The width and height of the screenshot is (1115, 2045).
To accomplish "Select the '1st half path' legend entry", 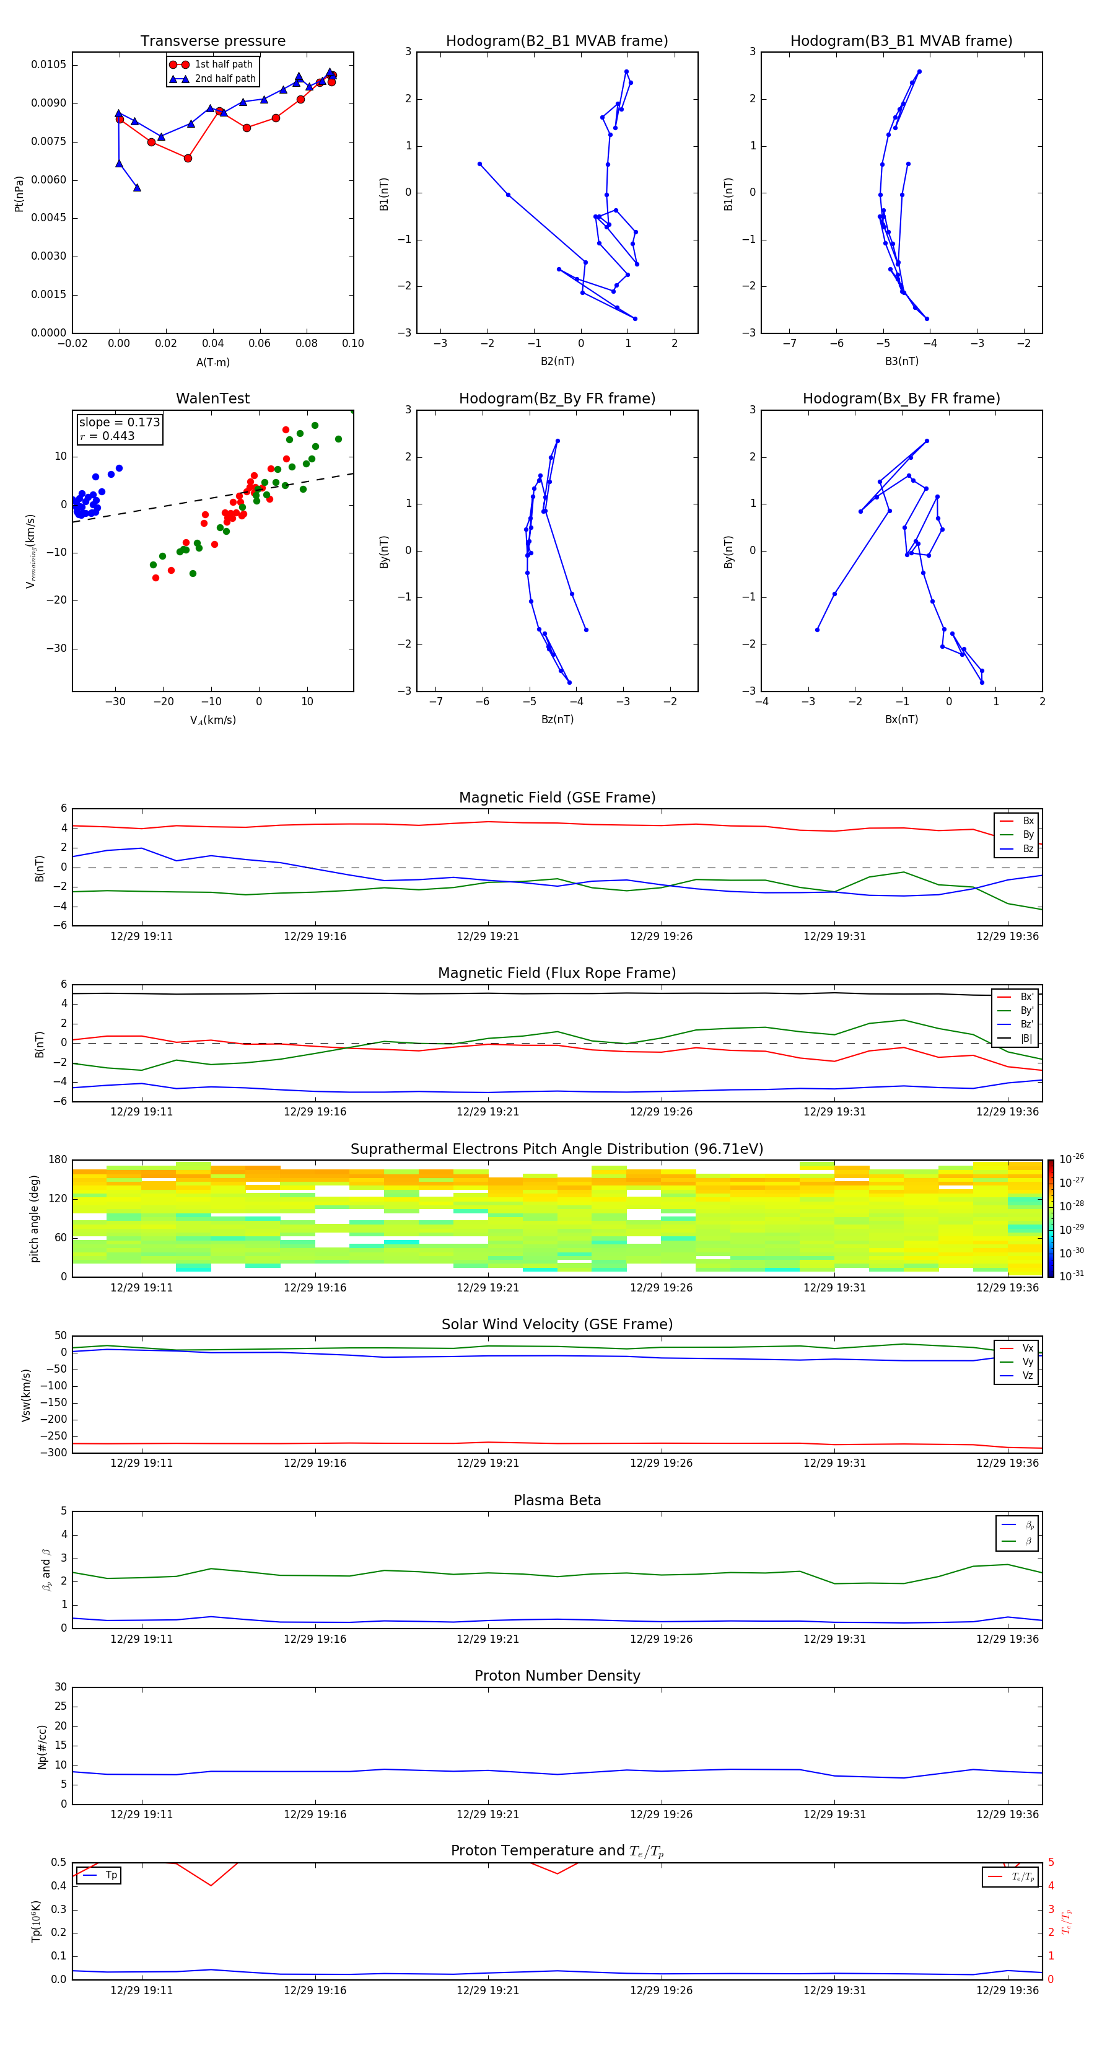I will coord(223,64).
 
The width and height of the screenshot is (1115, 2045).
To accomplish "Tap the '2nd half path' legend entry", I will coord(225,79).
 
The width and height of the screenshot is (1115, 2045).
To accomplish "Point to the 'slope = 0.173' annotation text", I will coord(119,423).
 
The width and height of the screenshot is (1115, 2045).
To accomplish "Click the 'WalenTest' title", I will coord(212,398).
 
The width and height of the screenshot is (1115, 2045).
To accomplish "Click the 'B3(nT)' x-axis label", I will coord(901,361).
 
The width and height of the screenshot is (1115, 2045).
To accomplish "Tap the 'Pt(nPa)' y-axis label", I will coord(19,194).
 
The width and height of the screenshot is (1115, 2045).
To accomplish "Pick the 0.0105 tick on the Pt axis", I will coord(48,64).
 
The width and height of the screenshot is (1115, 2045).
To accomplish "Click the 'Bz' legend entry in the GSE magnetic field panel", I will coord(1028,848).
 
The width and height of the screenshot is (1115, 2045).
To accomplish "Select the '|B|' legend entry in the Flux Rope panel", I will coord(1026,1039).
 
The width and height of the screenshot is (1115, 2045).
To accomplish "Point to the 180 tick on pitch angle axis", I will coord(58,1160).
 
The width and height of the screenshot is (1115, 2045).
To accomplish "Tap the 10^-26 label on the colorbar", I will coord(1072,1158).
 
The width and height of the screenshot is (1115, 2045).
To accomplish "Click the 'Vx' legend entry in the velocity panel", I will coord(1028,1348).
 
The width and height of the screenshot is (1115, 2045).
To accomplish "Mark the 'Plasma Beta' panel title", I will coord(556,1500).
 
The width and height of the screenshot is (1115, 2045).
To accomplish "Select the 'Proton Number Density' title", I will coord(556,1676).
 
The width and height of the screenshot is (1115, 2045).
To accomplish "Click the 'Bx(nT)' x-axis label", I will coord(901,719).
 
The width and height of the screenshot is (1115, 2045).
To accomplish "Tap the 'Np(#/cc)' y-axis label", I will coord(42,1746).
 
